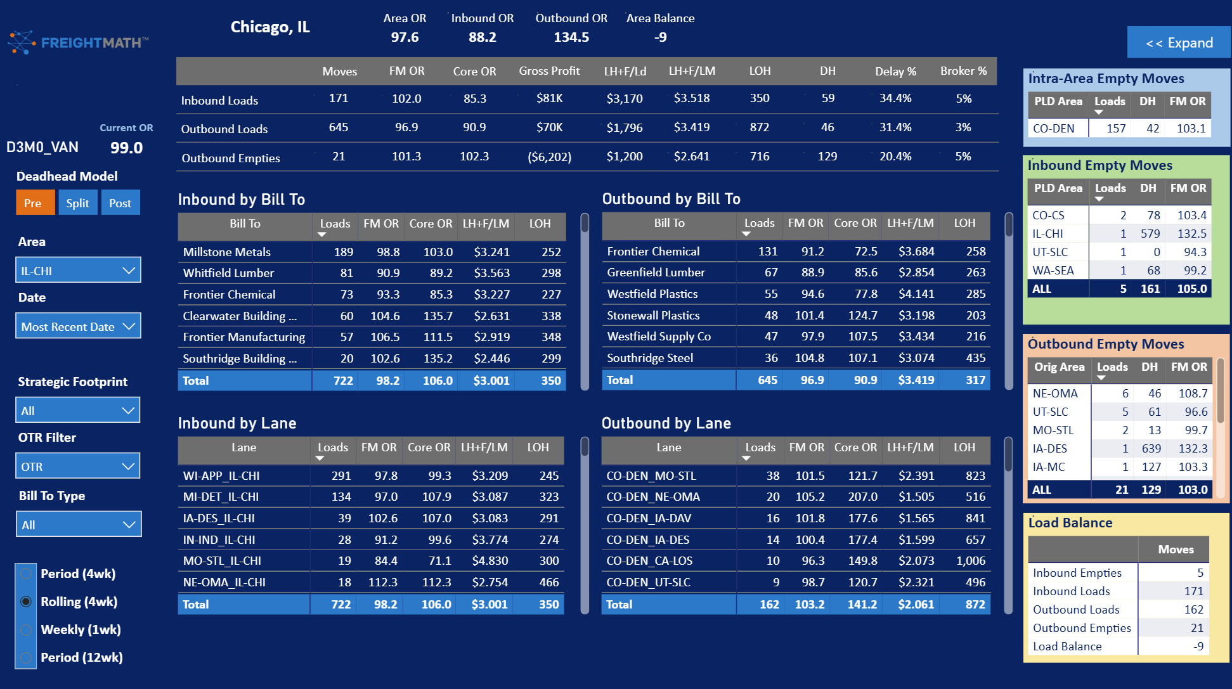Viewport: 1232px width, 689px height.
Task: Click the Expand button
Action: pyautogui.click(x=1179, y=42)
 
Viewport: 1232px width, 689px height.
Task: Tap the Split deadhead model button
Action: pyautogui.click(x=78, y=203)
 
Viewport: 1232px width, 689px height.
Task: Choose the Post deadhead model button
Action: pyautogui.click(x=120, y=203)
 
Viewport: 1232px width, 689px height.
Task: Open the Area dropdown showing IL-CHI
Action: pyautogui.click(x=78, y=271)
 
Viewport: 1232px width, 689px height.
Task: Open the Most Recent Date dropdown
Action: pyautogui.click(x=78, y=326)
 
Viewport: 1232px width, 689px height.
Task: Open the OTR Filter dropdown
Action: pyautogui.click(x=78, y=467)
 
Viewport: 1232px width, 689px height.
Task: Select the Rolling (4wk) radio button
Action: pyautogui.click(x=26, y=602)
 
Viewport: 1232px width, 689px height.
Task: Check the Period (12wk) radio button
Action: pyautogui.click(x=26, y=657)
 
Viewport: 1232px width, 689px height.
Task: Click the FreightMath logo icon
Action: pyautogui.click(x=22, y=42)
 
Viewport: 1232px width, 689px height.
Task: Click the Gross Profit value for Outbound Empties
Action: pyautogui.click(x=549, y=157)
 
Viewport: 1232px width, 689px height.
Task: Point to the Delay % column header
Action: pyautogui.click(x=895, y=72)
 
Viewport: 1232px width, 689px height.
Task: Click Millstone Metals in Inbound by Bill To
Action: pyautogui.click(x=227, y=252)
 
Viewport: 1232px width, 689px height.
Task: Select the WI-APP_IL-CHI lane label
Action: pyautogui.click(x=221, y=475)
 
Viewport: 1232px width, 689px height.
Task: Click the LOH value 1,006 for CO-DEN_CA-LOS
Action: pyautogui.click(x=971, y=561)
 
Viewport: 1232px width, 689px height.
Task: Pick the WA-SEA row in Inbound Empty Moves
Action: pyautogui.click(x=1053, y=271)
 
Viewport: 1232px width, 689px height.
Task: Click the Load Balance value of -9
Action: pyautogui.click(x=1198, y=647)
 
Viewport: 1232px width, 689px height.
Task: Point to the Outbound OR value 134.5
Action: pyautogui.click(x=571, y=37)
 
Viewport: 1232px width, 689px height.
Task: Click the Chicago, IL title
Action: pyautogui.click(x=270, y=27)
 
